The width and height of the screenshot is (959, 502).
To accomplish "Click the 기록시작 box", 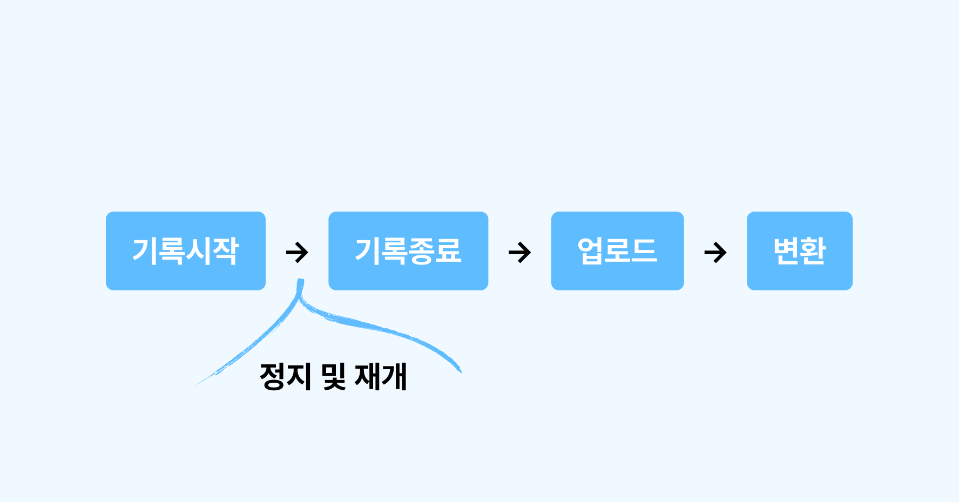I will point(185,251).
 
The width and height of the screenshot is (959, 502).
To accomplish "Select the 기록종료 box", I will point(408,251).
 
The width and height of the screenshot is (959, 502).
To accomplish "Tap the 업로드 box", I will point(617,251).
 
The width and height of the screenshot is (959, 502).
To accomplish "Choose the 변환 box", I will point(799,251).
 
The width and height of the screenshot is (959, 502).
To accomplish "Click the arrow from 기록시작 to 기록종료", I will point(297,252).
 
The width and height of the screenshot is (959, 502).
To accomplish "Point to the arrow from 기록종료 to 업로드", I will point(520,252).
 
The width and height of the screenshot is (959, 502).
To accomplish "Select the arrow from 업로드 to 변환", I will point(715,252).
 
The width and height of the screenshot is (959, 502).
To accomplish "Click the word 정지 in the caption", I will point(285,376).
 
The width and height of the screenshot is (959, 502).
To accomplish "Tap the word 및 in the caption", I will point(333,376).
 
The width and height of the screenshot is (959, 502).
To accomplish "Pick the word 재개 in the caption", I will point(381,376).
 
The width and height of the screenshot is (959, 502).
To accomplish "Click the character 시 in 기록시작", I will point(198,251).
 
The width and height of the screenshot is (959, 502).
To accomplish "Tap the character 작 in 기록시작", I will point(225,251).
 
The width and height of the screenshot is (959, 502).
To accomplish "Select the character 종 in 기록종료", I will point(421,251).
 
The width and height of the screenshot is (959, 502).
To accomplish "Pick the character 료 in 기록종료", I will point(448,251).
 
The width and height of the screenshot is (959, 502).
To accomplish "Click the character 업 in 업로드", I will point(591,251).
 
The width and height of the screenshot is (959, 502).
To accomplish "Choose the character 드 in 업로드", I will point(644,251).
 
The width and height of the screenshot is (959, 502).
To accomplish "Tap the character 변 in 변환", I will point(786,251).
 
